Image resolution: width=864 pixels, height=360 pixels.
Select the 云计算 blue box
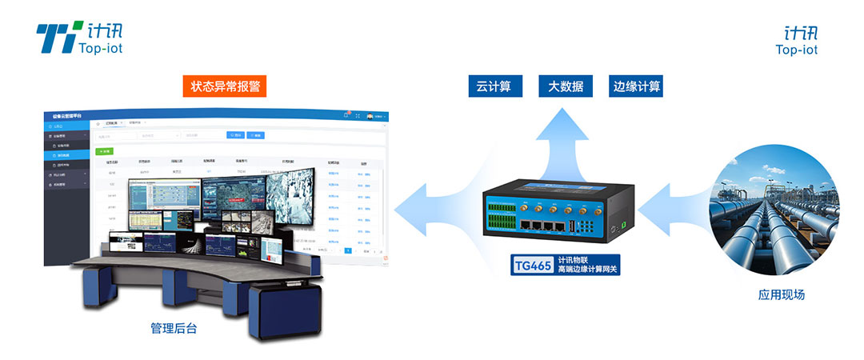(x=494, y=86)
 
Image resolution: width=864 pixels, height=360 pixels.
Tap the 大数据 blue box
(x=566, y=86)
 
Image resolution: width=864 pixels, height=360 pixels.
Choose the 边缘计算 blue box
(x=637, y=86)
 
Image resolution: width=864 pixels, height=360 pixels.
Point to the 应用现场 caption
(x=781, y=295)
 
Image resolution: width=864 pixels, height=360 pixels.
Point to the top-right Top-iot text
(x=796, y=50)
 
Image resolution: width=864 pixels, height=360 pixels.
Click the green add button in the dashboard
(x=104, y=150)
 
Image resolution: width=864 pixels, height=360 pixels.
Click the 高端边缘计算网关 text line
(x=588, y=270)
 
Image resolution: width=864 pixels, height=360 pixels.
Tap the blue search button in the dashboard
(x=236, y=135)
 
